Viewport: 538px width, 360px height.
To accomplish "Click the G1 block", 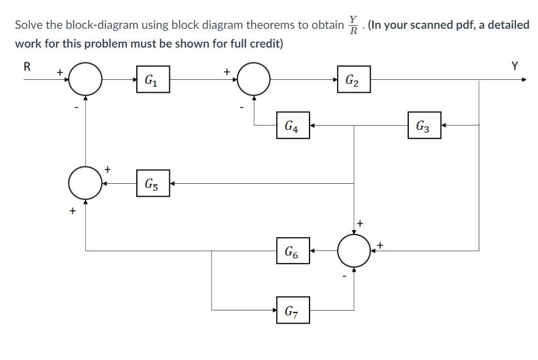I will (153, 80).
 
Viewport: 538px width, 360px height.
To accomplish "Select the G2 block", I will (354, 80).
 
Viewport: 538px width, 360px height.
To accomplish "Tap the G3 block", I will (424, 125).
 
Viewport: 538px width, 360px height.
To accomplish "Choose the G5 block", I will (153, 183).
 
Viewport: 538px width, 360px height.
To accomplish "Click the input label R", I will (26, 66).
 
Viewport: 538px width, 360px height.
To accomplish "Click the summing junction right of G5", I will (86, 183).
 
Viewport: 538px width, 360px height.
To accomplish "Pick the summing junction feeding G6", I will (354, 251).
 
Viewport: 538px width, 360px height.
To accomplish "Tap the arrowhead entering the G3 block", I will (444, 125).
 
